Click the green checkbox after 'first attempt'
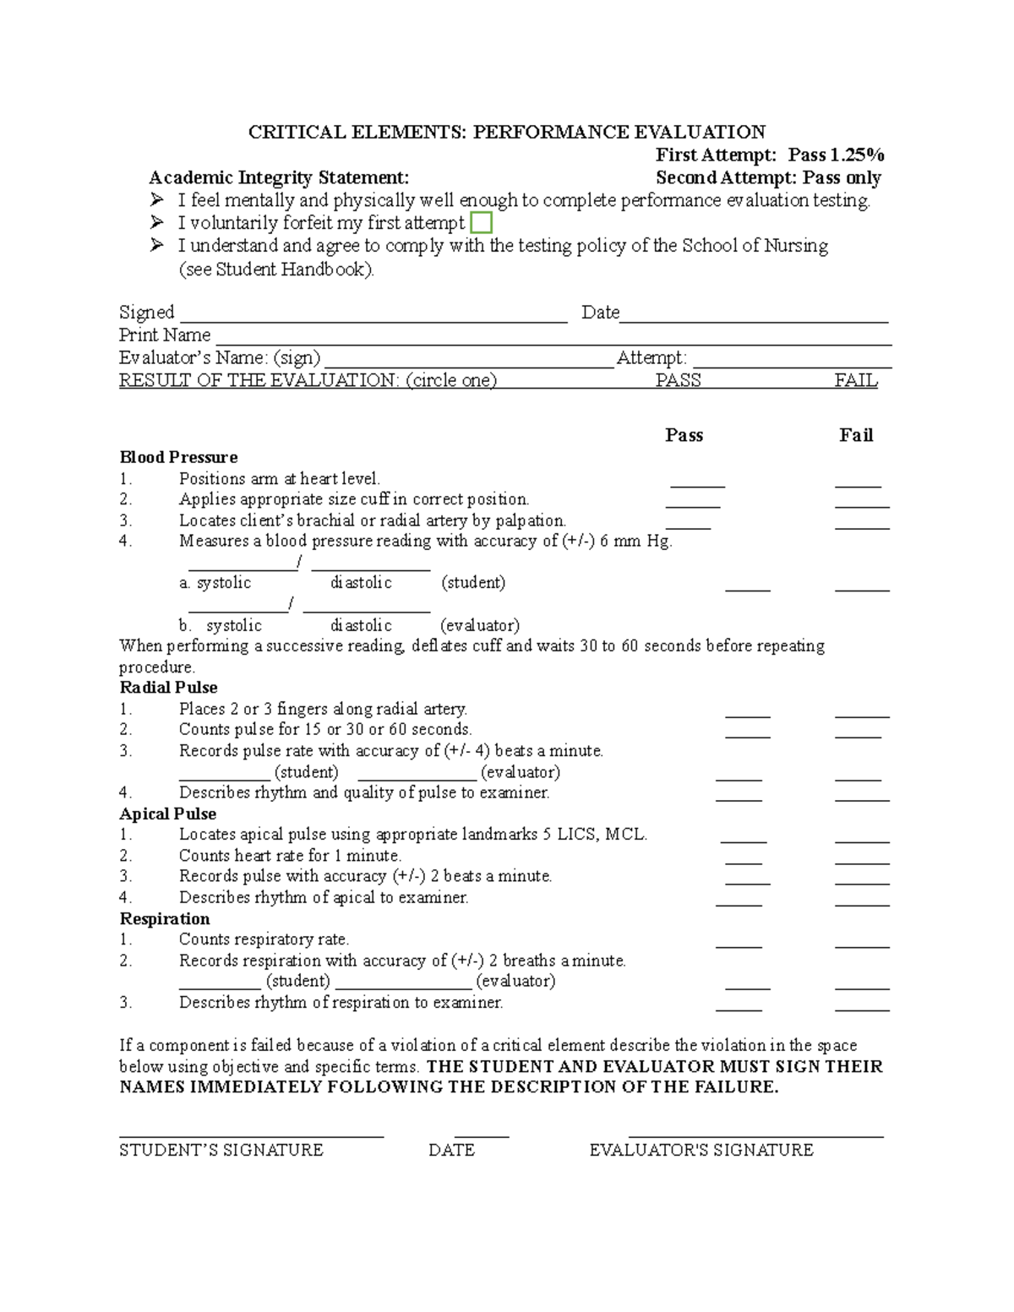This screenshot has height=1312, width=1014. [x=481, y=223]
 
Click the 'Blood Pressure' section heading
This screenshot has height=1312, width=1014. [x=178, y=457]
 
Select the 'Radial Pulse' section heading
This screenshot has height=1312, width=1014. [x=168, y=687]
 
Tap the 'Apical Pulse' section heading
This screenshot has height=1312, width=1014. [x=167, y=814]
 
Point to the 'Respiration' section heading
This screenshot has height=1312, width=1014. [x=164, y=918]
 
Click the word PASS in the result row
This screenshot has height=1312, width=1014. [x=678, y=380]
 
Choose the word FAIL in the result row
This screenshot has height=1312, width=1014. [x=855, y=380]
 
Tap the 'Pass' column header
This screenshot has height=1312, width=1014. [x=684, y=435]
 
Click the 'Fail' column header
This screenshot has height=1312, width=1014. [x=855, y=435]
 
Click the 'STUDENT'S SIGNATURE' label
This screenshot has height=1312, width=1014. [x=221, y=1150]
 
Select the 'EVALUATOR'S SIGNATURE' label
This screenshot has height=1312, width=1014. [x=701, y=1150]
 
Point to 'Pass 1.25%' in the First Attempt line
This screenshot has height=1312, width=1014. [x=836, y=155]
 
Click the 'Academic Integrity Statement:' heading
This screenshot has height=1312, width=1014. [x=279, y=177]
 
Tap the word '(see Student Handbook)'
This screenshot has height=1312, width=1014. [x=275, y=269]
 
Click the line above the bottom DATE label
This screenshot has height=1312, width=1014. [x=482, y=1136]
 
